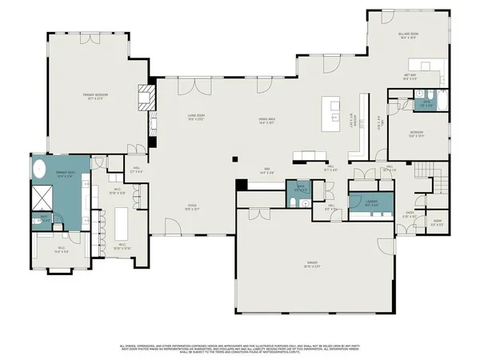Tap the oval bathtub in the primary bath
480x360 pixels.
[41, 170]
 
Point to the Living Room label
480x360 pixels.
[198, 118]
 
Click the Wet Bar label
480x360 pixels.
[409, 76]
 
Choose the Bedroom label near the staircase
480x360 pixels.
[417, 134]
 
